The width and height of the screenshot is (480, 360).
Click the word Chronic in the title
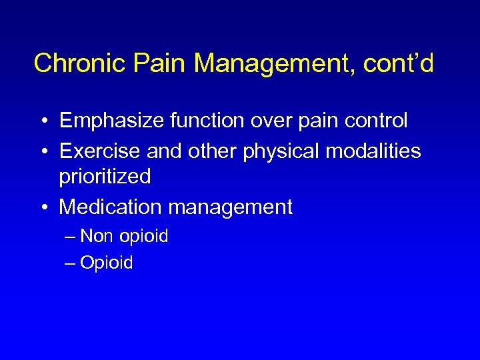coord(81,64)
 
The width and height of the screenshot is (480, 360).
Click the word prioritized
coord(105,177)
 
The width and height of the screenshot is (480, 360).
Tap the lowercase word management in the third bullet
coord(230,208)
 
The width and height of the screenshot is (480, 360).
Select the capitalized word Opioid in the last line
coord(107,263)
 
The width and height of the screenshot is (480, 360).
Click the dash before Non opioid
coord(70,237)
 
